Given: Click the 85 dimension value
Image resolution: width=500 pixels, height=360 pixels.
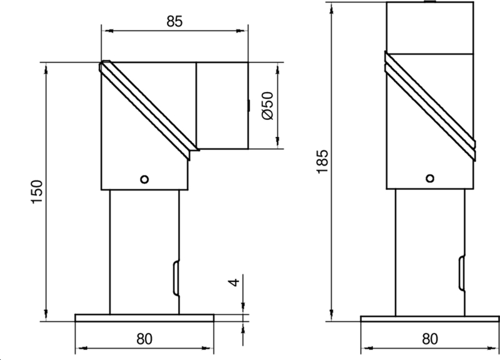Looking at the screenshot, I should tap(174, 21).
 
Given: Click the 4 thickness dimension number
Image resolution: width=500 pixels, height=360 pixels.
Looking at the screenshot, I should tap(234, 282).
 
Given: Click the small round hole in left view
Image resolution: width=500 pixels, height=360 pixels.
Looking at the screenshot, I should tap(144, 179).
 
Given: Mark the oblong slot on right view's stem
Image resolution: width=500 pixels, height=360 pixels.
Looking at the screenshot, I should tap(461, 272).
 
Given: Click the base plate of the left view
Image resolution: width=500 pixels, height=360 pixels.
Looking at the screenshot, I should tap(144, 317).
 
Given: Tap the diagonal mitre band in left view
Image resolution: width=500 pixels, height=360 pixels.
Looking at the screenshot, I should tap(149, 107).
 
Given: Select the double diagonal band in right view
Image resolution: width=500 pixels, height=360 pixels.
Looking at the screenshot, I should tap(429, 103).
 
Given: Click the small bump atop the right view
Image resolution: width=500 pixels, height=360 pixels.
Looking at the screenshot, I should tap(429, 2).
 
